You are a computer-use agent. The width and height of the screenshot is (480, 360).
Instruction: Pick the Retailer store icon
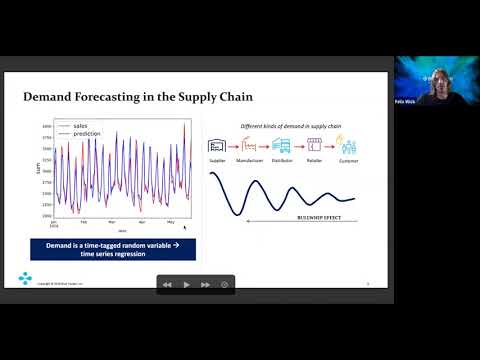pos(314,146)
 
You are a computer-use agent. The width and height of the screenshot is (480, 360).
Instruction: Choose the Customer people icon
pos(347,146)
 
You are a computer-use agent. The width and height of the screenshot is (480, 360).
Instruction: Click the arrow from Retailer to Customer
pos(331,147)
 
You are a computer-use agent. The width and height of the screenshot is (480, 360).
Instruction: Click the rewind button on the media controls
pos(167,284)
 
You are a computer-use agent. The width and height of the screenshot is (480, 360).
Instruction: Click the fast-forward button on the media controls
pos(205,284)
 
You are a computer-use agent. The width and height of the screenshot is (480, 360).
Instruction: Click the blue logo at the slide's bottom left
pos(24,277)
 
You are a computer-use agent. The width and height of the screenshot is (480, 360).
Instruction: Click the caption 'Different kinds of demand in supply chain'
pos(283,125)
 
